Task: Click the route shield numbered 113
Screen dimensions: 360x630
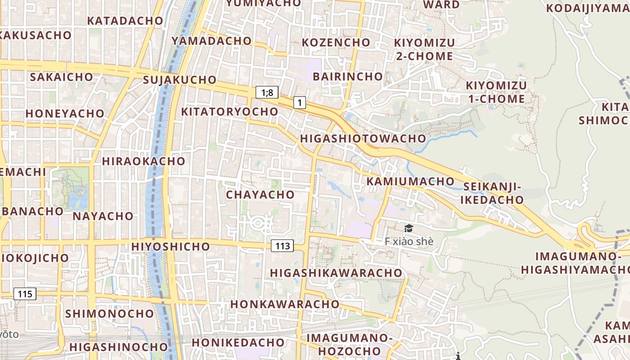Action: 282,246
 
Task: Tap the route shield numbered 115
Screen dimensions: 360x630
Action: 25,294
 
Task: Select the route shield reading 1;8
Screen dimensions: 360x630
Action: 267,93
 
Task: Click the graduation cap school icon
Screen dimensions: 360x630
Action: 408,229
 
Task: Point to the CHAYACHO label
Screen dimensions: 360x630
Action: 260,195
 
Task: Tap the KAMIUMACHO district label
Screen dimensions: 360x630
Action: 410,181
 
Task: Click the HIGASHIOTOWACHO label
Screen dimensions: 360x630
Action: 363,139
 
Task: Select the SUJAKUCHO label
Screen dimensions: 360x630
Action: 180,80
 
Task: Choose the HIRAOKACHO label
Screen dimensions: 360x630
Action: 144,161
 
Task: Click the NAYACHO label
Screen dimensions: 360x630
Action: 103,216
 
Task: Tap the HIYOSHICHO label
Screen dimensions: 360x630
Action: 171,247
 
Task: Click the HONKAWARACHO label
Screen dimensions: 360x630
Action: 285,304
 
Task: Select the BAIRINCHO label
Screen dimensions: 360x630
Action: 347,76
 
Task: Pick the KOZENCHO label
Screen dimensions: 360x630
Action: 336,42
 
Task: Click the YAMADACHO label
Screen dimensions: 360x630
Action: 211,41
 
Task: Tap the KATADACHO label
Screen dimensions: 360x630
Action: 125,21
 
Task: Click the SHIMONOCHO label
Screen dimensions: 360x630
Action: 109,314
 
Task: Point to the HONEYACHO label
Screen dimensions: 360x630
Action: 65,113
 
